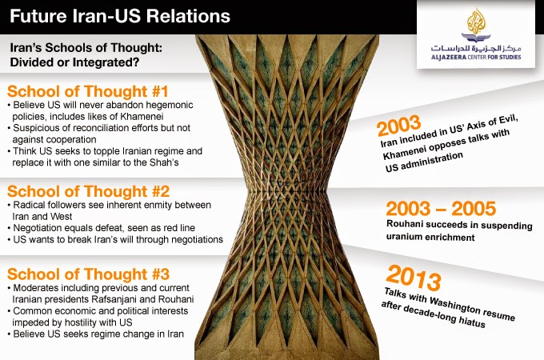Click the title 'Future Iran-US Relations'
point(120,16)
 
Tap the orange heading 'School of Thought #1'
point(88,91)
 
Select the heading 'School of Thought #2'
point(89,191)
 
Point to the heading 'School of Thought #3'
point(89,274)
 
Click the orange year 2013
point(414,278)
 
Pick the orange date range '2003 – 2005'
point(441,209)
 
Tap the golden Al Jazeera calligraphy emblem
point(476,22)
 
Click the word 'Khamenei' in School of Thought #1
point(142,116)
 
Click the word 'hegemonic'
point(170,105)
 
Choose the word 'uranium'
point(402,237)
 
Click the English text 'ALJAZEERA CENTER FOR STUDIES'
point(476,57)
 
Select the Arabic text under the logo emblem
point(476,48)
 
